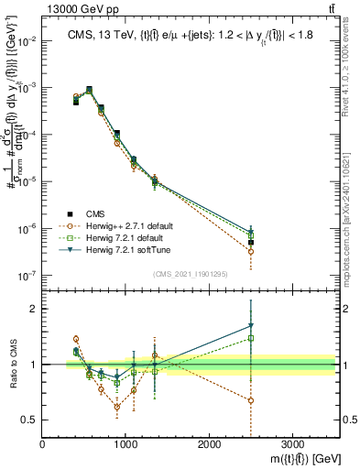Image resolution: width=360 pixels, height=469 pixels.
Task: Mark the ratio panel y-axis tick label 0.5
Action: [28, 420]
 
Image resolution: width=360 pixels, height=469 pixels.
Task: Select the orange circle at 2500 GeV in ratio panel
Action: [251, 400]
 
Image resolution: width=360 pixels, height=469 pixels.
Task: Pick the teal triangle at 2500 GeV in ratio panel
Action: [251, 325]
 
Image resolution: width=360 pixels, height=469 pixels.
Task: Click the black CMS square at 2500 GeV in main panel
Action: [251, 243]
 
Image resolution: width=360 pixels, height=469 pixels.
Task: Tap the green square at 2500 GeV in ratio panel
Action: [251, 338]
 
